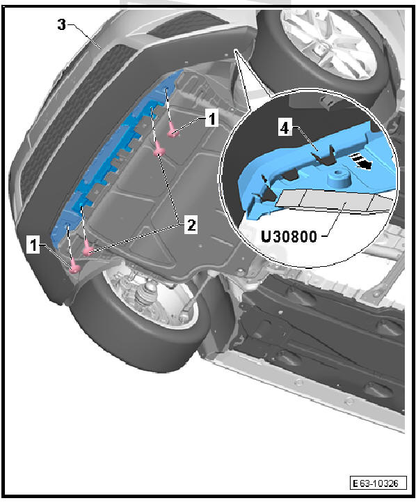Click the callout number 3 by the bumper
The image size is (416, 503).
click(x=62, y=24)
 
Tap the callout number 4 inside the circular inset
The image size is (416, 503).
click(x=285, y=128)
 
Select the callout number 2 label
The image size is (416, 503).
click(x=191, y=225)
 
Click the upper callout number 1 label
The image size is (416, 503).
click(x=211, y=118)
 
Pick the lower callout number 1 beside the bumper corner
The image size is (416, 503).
click(x=33, y=245)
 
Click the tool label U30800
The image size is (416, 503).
click(x=289, y=237)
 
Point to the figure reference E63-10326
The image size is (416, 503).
click(x=378, y=483)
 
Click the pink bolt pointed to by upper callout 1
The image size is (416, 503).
click(x=173, y=132)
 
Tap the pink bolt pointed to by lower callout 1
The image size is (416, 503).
click(x=75, y=268)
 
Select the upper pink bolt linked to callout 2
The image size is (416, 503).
click(x=159, y=152)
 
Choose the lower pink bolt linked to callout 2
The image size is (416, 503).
click(x=88, y=251)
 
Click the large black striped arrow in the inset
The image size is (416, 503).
click(x=360, y=161)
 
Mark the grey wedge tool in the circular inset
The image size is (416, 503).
click(x=333, y=201)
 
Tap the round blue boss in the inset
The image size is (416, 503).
click(x=337, y=178)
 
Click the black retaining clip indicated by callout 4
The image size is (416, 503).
click(x=324, y=155)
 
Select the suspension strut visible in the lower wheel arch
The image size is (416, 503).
click(x=146, y=293)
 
